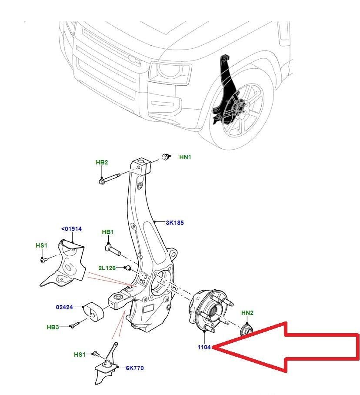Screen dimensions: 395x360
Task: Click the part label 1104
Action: point(203,348)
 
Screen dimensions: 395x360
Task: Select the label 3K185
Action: point(175,223)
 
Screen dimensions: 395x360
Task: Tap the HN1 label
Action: point(185,157)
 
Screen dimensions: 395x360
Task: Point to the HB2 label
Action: point(102,162)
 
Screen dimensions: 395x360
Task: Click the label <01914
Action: point(71,229)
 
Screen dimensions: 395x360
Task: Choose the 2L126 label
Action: point(107,268)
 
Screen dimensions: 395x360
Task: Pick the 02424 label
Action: point(64,307)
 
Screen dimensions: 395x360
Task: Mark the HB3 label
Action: point(53,326)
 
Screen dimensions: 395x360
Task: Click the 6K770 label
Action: point(135,368)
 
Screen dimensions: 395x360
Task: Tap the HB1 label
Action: point(108,232)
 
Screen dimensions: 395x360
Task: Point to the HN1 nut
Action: point(166,156)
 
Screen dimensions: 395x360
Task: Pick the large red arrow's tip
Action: point(216,347)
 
